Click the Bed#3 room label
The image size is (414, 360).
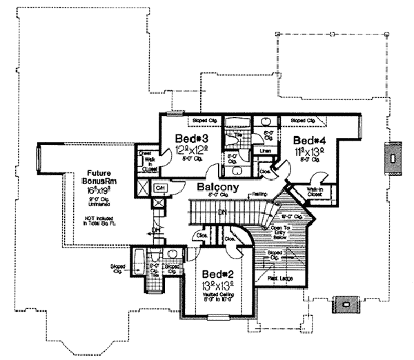coord(187,137)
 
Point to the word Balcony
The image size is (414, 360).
coord(217,186)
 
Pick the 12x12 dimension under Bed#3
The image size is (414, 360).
coord(187,150)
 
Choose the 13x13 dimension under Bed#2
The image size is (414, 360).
coord(216,285)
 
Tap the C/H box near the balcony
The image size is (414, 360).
coord(159,187)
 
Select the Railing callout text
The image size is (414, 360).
coord(259,195)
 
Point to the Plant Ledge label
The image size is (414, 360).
coord(278,277)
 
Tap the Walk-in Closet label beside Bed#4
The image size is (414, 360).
coord(315,192)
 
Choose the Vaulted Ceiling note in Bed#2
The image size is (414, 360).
coord(216,297)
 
